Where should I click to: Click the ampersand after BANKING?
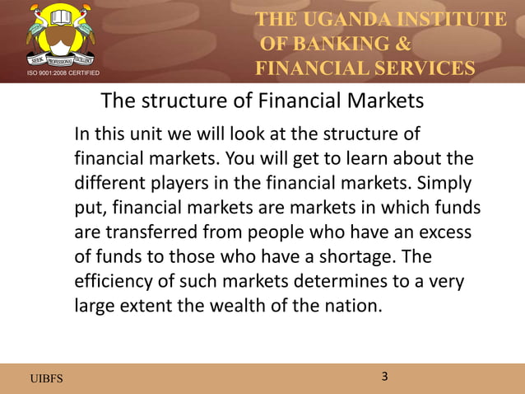click(402, 44)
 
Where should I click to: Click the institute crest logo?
click(60, 35)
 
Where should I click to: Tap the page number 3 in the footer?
click(384, 377)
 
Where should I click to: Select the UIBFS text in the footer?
click(45, 378)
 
